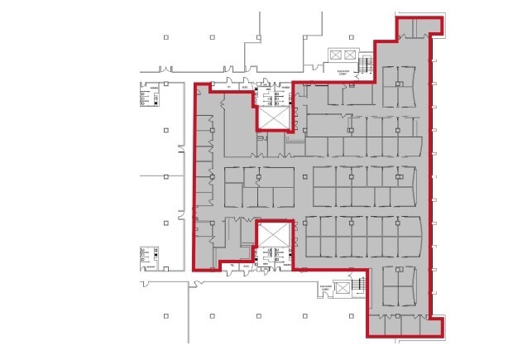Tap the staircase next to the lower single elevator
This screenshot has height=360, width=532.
359,286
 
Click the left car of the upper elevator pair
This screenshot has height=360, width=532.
335,55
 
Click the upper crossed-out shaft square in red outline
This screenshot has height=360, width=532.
275,117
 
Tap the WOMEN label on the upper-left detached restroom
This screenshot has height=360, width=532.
155,84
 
